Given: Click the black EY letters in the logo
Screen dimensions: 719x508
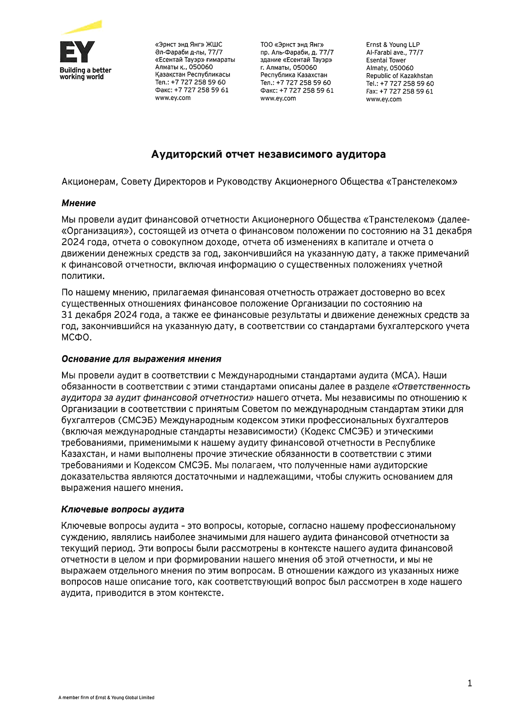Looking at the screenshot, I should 77,52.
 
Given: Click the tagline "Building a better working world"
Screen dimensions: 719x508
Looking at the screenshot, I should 85,74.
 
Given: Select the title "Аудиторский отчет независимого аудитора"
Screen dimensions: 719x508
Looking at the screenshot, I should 268,154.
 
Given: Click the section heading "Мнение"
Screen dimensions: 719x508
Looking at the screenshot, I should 79,203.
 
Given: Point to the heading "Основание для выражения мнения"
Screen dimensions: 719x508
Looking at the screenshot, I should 141,359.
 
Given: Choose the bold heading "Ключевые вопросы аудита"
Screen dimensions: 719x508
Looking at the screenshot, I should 123,509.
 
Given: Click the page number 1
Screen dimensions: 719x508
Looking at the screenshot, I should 470,683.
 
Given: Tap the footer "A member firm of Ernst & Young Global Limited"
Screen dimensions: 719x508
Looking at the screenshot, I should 106,698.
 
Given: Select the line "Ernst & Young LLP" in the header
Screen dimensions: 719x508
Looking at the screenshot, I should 393,45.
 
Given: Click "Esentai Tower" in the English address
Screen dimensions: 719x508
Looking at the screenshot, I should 386,60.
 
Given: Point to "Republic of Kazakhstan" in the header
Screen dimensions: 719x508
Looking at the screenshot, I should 399,76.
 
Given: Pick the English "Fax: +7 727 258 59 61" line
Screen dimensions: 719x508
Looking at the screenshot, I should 399,92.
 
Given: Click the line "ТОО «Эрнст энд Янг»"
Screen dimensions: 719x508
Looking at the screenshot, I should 292,45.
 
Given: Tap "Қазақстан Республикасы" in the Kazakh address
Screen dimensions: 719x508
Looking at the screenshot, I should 193,75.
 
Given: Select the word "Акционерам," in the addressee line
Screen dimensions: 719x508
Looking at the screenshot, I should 89,182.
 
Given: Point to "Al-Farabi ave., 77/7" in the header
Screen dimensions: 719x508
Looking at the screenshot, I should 394,52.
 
